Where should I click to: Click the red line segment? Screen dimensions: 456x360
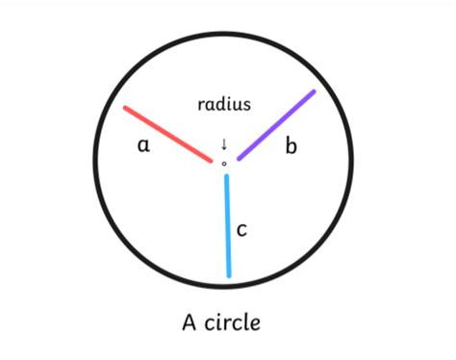(168, 134)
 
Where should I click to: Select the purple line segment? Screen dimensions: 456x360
(276, 125)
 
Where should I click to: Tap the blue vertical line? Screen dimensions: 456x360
(227, 226)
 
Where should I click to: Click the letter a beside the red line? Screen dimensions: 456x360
(143, 145)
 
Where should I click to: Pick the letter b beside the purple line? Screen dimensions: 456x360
(291, 146)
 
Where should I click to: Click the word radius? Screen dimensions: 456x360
(224, 103)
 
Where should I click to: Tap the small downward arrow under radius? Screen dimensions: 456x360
(224, 144)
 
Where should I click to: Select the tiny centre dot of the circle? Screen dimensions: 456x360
(224, 164)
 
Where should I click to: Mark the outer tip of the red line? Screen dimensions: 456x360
(125, 108)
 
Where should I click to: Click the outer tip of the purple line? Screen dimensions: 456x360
(314, 92)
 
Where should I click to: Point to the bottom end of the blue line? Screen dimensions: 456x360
(229, 276)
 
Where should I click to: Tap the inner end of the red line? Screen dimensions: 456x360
(212, 161)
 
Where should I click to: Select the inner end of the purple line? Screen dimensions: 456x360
(240, 158)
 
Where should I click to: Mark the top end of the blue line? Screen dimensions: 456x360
(226, 176)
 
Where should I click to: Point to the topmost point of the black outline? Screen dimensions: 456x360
(224, 35)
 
